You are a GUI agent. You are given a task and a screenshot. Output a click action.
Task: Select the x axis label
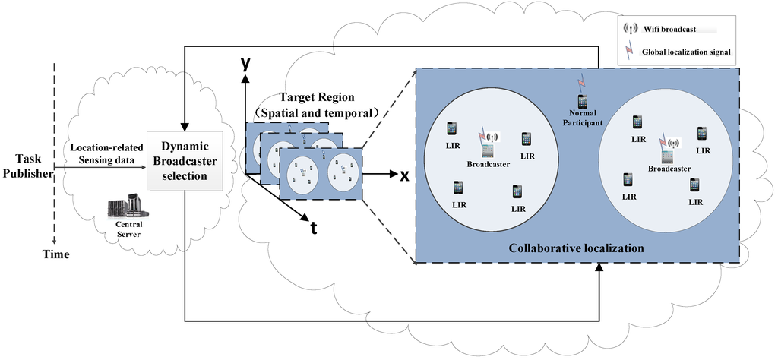(405, 175)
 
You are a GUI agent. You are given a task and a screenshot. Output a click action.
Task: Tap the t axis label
(312, 227)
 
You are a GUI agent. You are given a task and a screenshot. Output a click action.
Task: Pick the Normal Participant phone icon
(583, 101)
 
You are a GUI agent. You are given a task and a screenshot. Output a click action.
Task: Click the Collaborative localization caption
(576, 248)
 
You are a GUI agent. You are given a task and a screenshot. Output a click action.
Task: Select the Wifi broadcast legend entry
(653, 29)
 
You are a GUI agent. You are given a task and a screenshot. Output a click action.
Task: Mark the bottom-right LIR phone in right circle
(695, 185)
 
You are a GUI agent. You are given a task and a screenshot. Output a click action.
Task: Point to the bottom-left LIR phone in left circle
(458, 187)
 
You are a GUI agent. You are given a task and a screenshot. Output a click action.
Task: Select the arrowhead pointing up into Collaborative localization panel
(599, 268)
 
